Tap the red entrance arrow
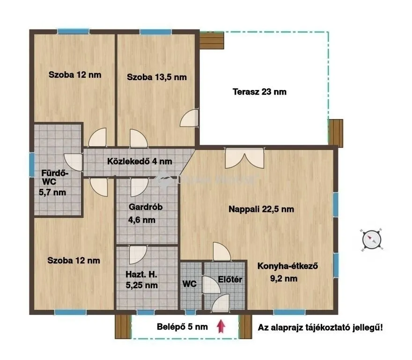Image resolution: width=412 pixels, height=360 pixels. click(221, 326)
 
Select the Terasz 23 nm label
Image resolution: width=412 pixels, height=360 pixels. click(259, 92)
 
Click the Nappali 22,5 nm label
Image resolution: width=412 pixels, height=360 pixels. click(261, 209)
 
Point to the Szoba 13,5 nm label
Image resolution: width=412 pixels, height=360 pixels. click(157, 77)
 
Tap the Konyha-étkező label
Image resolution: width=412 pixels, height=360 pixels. click(288, 266)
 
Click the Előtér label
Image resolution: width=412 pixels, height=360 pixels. click(230, 279)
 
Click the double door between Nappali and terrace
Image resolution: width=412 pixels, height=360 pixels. click(245, 158)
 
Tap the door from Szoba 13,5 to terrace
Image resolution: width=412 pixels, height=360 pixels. click(190, 118)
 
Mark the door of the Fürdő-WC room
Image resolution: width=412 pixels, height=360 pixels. click(74, 162)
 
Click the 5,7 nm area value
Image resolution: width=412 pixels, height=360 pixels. click(52, 192)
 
